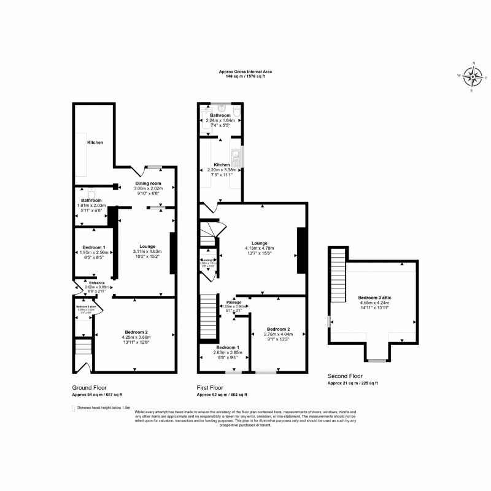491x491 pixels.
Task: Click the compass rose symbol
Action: (473, 76)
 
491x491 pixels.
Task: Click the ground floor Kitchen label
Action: (95, 142)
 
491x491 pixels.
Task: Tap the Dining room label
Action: (147, 184)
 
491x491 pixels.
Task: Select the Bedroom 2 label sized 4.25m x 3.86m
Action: (134, 332)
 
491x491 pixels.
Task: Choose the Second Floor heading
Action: (345, 376)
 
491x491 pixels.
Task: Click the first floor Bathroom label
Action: (220, 115)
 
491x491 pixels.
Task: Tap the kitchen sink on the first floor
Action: (234, 154)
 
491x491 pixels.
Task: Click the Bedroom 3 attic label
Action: (374, 297)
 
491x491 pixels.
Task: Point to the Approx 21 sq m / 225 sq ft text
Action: (352, 383)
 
